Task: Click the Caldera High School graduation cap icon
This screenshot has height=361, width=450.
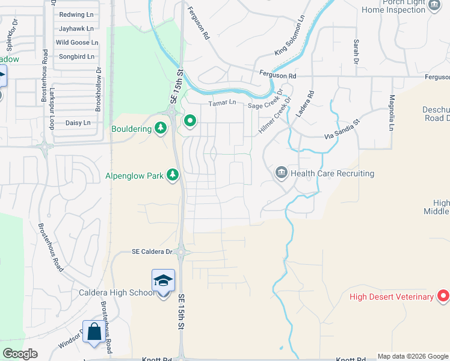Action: (x=163, y=280)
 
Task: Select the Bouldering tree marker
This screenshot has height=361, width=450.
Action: (x=160, y=128)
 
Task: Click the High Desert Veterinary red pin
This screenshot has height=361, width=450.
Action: (x=443, y=296)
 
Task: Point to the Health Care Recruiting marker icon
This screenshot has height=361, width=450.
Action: (x=281, y=173)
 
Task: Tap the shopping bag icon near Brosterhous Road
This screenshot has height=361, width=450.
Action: (x=94, y=332)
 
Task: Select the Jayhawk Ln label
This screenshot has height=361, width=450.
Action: (x=75, y=28)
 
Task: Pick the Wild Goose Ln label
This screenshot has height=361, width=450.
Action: (x=77, y=43)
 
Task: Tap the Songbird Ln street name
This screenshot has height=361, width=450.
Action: (x=76, y=57)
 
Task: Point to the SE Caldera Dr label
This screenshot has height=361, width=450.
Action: (x=152, y=251)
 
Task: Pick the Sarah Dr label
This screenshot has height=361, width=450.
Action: (x=356, y=52)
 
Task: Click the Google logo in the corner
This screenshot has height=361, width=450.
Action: (x=20, y=354)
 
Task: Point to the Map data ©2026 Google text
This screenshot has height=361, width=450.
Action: (x=413, y=356)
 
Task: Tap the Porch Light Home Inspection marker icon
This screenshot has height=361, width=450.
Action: (x=434, y=5)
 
